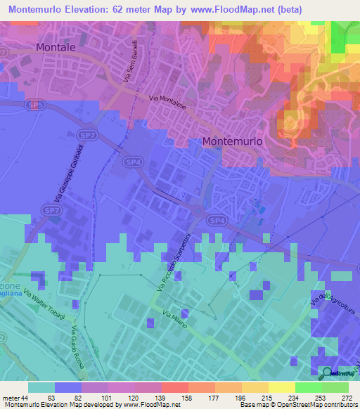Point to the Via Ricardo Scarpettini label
(172, 266)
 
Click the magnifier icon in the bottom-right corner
(328, 372)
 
